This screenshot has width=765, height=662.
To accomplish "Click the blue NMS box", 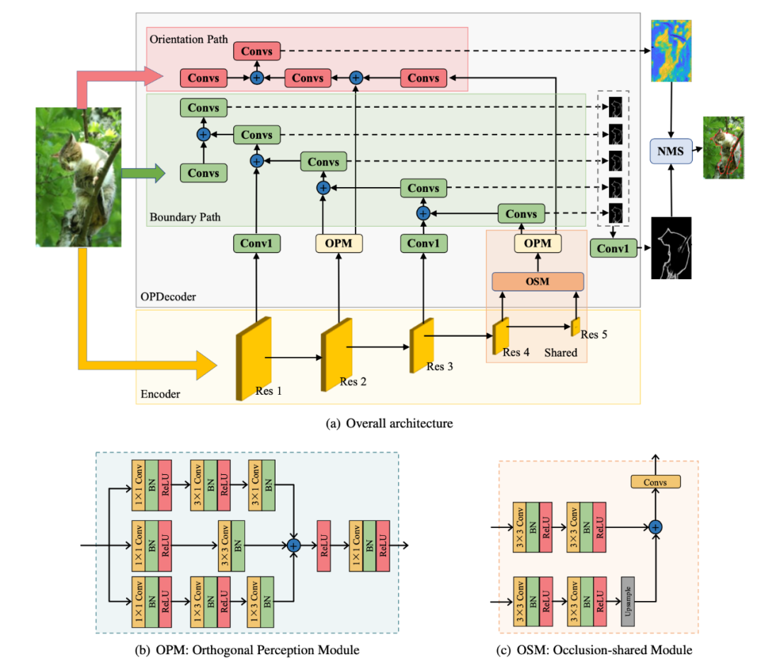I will tap(669, 150).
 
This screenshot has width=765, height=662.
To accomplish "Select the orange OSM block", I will tap(538, 281).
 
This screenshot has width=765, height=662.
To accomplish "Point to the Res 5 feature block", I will tap(576, 327).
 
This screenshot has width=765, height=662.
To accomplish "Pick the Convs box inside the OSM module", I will tap(655, 482).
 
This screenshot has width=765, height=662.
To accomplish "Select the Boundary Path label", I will tap(183, 216).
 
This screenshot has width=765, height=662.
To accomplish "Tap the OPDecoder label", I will tap(167, 298).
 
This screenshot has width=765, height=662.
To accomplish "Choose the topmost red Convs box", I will tap(257, 51).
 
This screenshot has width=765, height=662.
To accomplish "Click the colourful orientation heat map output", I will tap(670, 50).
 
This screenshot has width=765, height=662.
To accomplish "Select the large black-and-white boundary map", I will tap(670, 247).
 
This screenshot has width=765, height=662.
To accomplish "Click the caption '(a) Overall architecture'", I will tap(388, 424).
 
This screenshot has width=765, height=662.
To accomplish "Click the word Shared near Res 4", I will tap(560, 352).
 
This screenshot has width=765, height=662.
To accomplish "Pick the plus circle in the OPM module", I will tap(294, 544).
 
